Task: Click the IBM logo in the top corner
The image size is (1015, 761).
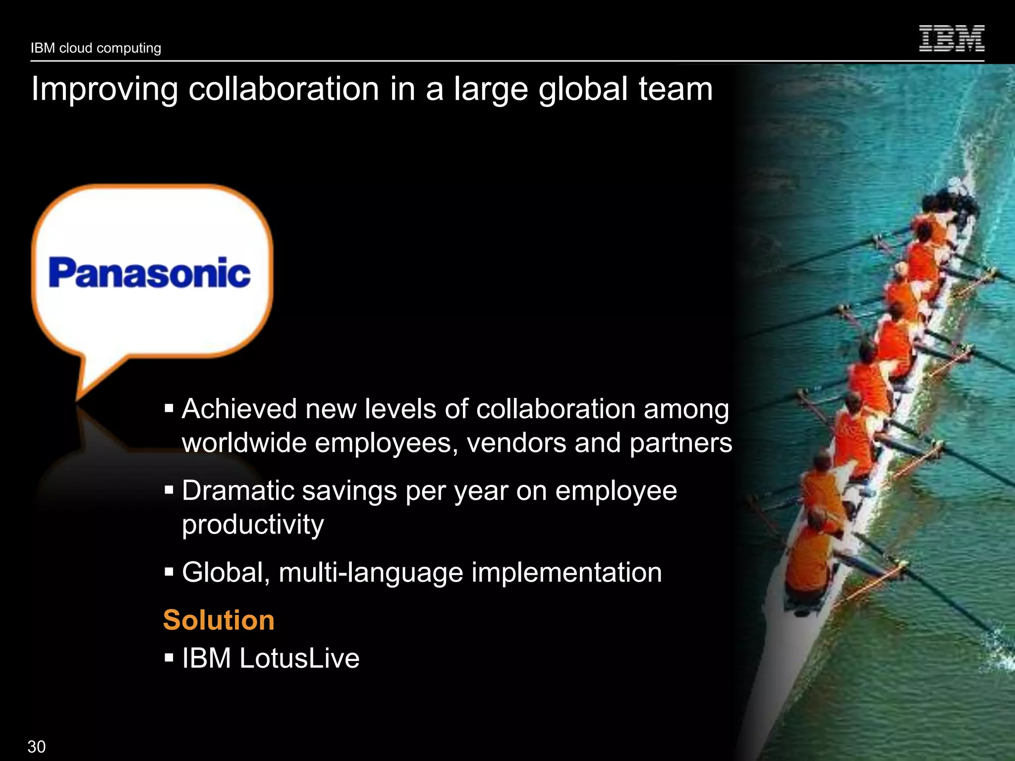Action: click(952, 38)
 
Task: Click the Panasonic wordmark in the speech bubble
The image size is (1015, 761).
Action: click(149, 273)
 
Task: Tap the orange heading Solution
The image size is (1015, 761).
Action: click(219, 620)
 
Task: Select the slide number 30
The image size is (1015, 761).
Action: click(37, 746)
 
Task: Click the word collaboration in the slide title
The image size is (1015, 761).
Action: click(283, 89)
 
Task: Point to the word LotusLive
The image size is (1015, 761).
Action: click(299, 658)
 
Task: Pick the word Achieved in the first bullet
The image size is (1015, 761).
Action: click(239, 409)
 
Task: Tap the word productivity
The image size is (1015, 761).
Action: click(253, 525)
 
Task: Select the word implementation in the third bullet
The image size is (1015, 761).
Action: click(566, 573)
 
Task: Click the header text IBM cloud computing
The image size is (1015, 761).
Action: click(96, 48)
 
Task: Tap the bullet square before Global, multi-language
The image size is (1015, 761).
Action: click(169, 572)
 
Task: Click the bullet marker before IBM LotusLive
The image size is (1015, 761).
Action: click(169, 658)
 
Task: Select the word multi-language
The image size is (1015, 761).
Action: click(371, 573)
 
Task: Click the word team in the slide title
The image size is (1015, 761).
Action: click(676, 89)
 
